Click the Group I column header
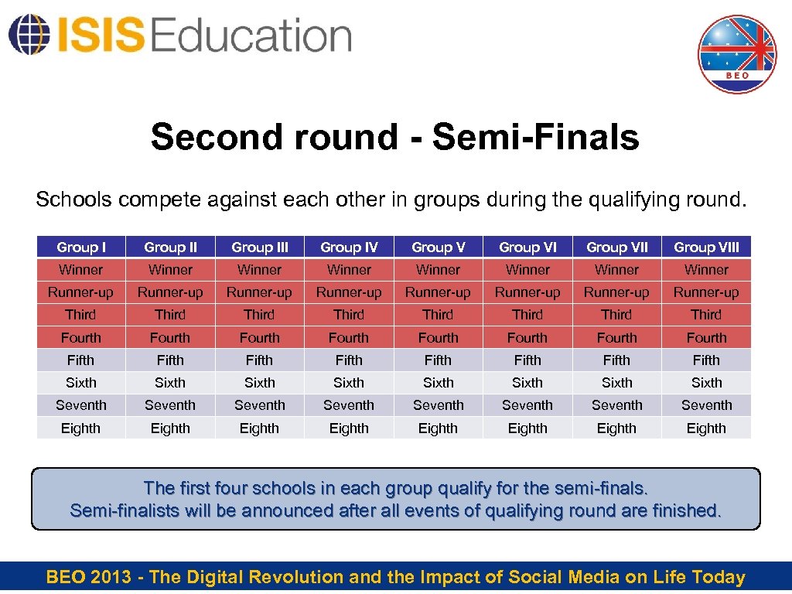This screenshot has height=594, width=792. coord(81,247)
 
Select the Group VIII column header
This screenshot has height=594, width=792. coord(706,247)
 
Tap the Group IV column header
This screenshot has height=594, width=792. coord(349,247)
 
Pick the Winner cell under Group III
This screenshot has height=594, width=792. coord(260,270)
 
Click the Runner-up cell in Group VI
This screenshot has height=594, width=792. coord(527,292)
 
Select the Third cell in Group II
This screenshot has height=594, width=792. coord(170,315)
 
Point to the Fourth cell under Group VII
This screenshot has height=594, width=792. coord(617,337)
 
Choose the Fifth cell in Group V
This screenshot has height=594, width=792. coord(439,360)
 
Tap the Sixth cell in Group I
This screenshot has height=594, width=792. coord(81,383)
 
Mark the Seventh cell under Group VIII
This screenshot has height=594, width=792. coord(706,405)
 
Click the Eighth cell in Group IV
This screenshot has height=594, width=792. coord(349,428)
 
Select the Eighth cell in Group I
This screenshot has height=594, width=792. coord(81,428)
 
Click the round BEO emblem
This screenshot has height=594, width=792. coord(736,54)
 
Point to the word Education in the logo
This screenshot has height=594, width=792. coord(251,36)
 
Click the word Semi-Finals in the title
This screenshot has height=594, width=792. coord(536,137)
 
